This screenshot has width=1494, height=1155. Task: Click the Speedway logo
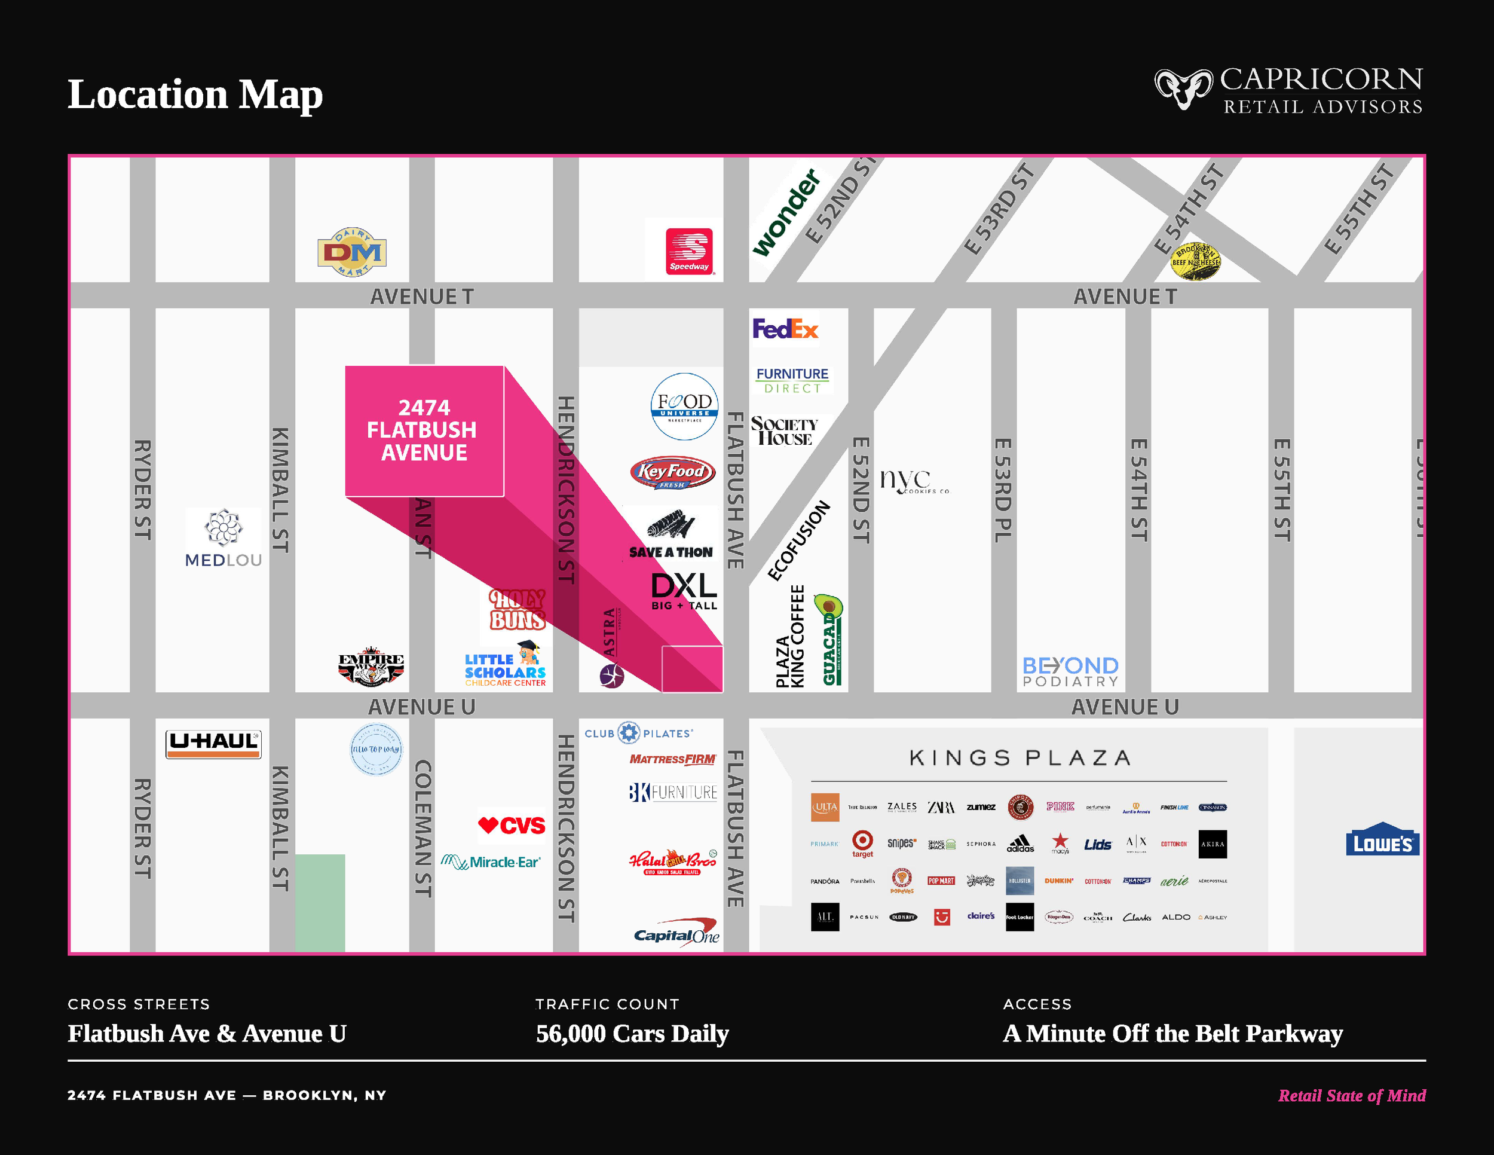pyautogui.click(x=689, y=251)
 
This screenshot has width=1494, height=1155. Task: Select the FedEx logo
pyautogui.click(x=785, y=329)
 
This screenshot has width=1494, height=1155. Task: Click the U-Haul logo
pyautogui.click(x=213, y=743)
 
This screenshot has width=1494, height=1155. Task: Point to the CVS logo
pyautogui.click(x=512, y=825)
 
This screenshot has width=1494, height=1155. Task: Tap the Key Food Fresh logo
pyautogui.click(x=672, y=472)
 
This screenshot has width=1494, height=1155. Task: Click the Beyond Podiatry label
pyautogui.click(x=1070, y=671)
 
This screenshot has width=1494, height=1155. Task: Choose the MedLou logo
pyautogui.click(x=224, y=539)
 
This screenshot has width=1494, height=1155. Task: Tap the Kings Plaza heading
pyautogui.click(x=1020, y=757)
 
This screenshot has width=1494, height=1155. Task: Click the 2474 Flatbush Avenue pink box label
pyautogui.click(x=424, y=430)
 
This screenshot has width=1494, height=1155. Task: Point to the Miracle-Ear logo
pyautogui.click(x=491, y=861)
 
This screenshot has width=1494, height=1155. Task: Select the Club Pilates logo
pyautogui.click(x=638, y=733)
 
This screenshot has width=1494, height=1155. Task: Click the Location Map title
pyautogui.click(x=195, y=94)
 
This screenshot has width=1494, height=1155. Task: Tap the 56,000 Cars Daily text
pyautogui.click(x=632, y=1033)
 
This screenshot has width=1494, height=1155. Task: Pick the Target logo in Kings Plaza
pyautogui.click(x=862, y=843)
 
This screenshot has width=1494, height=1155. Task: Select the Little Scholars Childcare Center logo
pyautogui.click(x=506, y=665)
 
